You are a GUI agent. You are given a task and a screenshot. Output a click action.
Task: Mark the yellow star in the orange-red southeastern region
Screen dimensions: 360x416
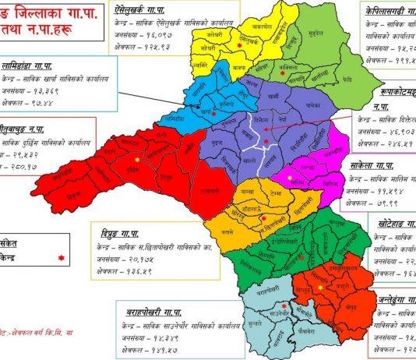click(x=319, y=288)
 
